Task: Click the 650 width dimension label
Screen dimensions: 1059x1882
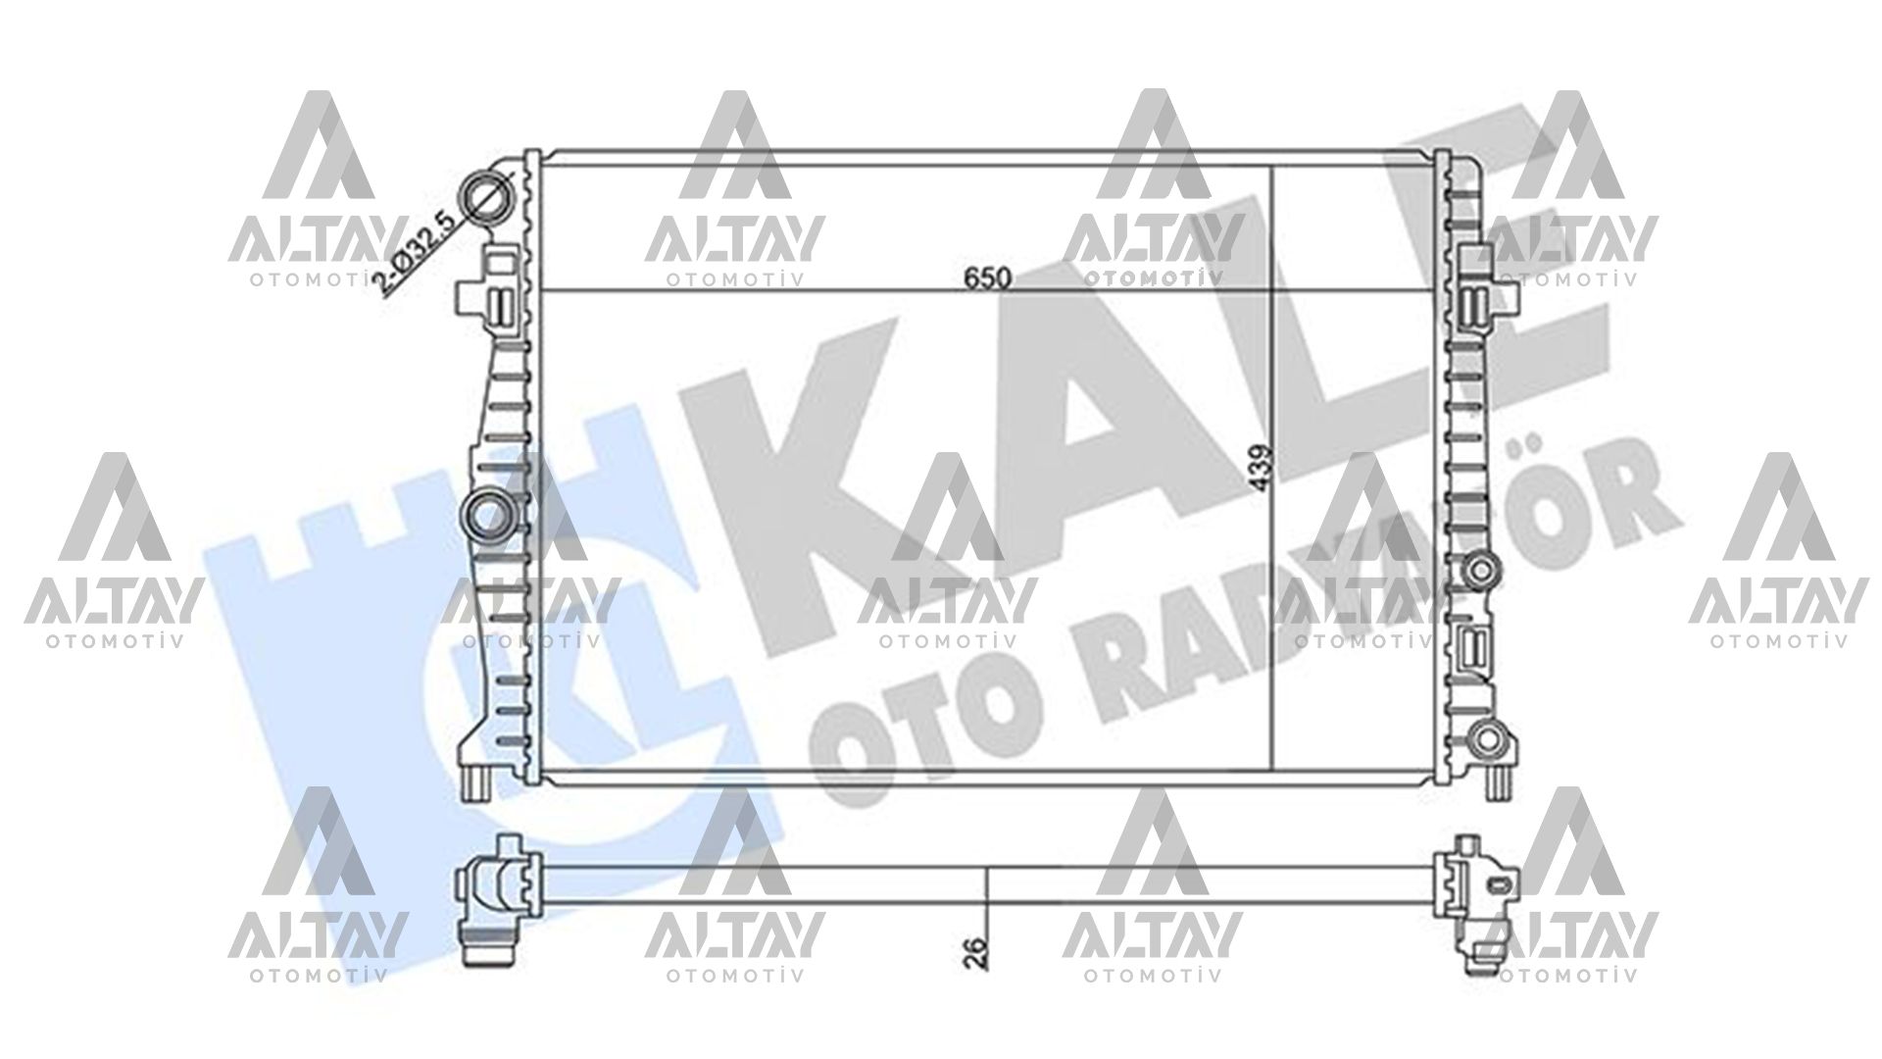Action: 986,278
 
